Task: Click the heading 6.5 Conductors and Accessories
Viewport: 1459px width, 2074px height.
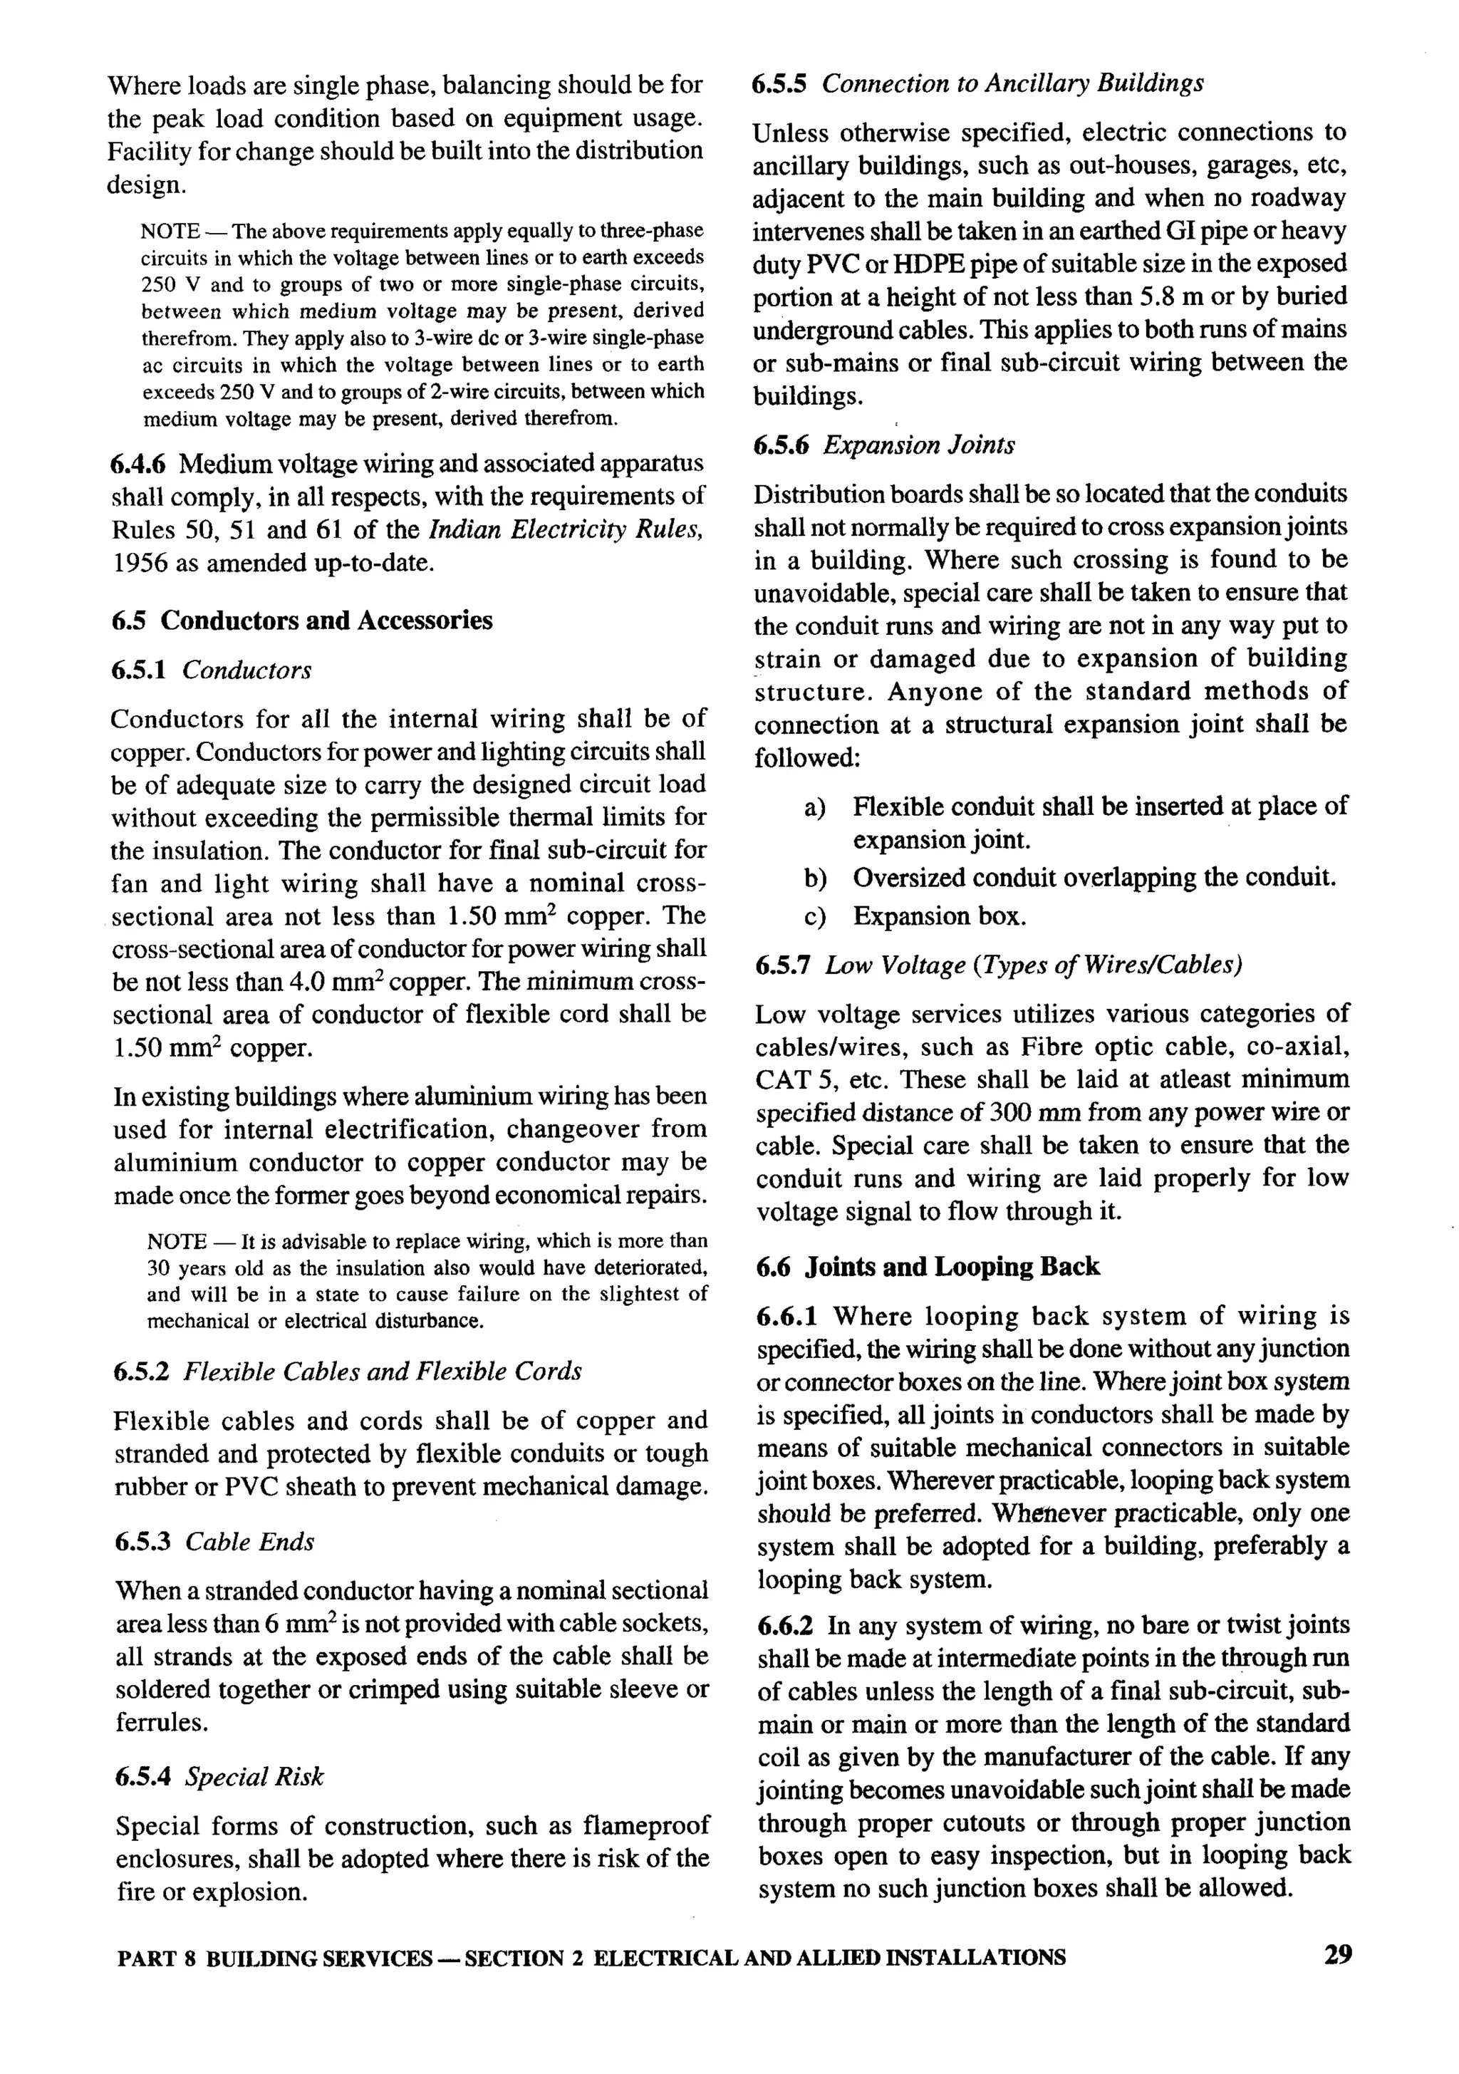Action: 302,621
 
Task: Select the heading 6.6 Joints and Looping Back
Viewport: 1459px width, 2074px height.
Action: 928,1267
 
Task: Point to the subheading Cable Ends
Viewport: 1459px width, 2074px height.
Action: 250,1541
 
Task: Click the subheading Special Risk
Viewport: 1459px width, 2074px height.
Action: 254,1777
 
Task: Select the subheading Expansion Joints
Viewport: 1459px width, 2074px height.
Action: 918,445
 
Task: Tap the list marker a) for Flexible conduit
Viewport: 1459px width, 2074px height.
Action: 815,807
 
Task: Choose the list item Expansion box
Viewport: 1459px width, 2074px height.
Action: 940,917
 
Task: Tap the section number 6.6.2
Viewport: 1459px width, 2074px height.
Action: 785,1626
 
